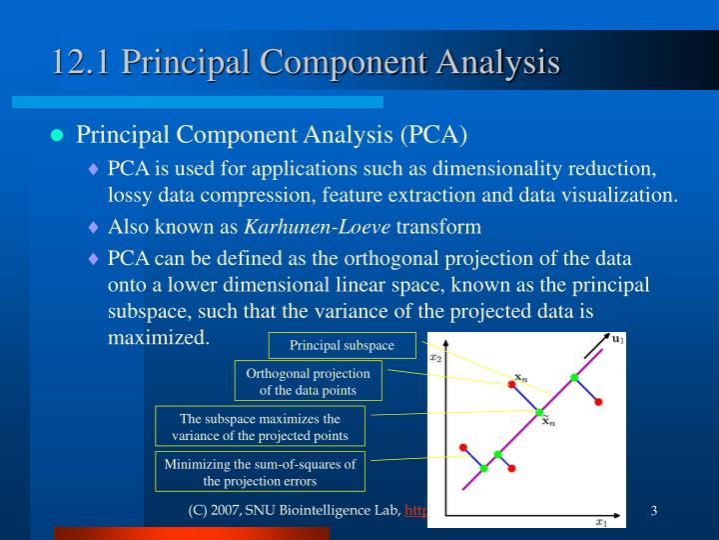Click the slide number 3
point(654,511)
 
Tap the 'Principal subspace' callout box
point(343,345)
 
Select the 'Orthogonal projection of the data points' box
point(309,381)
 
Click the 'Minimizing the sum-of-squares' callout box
point(260,472)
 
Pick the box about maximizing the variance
point(260,426)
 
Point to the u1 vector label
point(618,339)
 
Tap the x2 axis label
point(435,358)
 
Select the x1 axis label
point(601,522)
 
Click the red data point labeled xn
point(511,384)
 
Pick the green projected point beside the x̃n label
point(539,412)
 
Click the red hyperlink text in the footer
point(415,511)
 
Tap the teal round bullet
point(57,135)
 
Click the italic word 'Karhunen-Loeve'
point(318,227)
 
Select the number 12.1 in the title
point(81,62)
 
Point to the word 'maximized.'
point(159,338)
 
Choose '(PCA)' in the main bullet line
point(433,135)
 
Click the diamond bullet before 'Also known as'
point(94,227)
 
